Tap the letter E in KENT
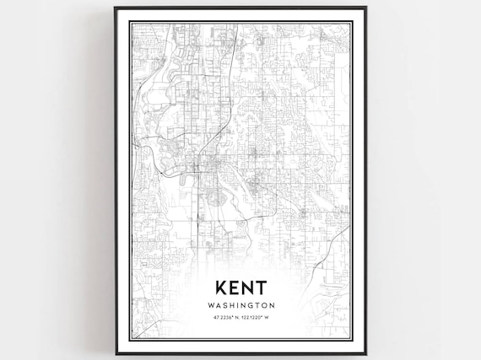point(230,288)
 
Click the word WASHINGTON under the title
point(240,305)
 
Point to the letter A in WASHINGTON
point(216,305)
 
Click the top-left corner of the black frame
point(116,8)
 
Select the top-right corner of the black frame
point(365,8)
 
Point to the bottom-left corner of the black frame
point(116,355)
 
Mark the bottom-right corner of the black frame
point(365,355)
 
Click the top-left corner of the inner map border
point(131,23)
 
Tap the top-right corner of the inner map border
point(351,23)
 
